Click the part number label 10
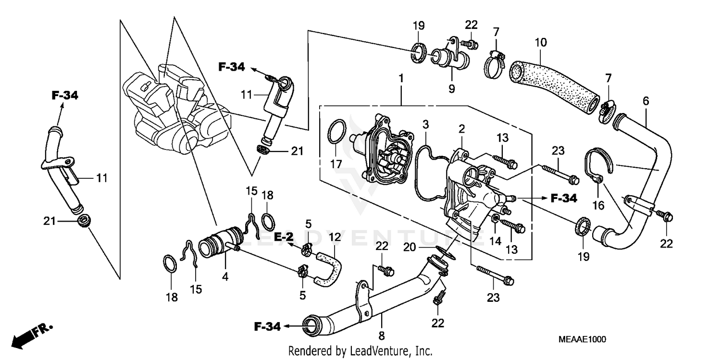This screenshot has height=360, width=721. (541, 42)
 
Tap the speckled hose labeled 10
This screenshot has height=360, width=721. (553, 85)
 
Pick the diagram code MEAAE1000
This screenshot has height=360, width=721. (582, 339)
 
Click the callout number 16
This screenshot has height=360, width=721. (598, 205)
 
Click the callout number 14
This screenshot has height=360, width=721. (495, 240)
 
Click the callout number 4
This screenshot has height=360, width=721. (225, 277)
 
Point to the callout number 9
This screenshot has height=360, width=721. (451, 88)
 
